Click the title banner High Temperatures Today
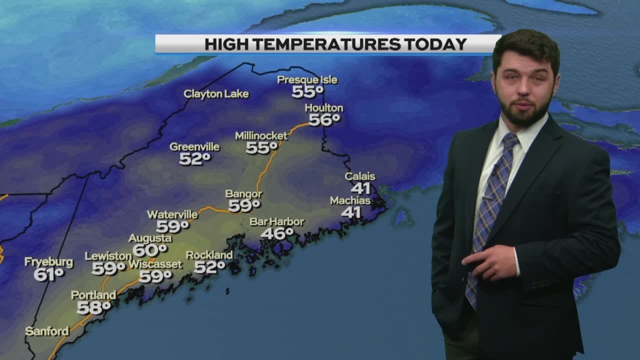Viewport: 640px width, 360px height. click(327, 44)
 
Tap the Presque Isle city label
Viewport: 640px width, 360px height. click(307, 80)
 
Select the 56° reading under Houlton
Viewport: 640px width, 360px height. click(324, 119)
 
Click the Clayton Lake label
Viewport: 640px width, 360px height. click(216, 94)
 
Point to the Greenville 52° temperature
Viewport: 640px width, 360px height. click(195, 159)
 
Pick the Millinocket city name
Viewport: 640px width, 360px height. click(261, 136)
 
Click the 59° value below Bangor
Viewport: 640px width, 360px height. click(244, 205)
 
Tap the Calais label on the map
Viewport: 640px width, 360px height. click(360, 176)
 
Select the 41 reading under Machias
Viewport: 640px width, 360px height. click(350, 212)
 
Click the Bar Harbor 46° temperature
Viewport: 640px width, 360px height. click(277, 233)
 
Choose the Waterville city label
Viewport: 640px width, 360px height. click(172, 214)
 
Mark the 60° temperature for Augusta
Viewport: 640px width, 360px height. click(149, 249)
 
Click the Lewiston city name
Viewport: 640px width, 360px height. click(108, 256)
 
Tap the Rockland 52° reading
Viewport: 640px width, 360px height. click(209, 267)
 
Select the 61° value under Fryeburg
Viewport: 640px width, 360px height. click(49, 274)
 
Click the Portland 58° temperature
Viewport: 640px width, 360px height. click(93, 307)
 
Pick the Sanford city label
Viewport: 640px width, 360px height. click(47, 331)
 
